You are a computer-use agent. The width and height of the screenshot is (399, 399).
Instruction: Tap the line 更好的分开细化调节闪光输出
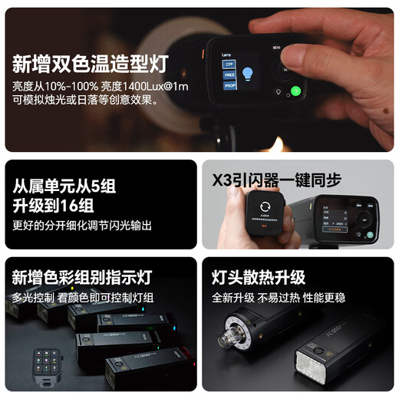click(x=82, y=226)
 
